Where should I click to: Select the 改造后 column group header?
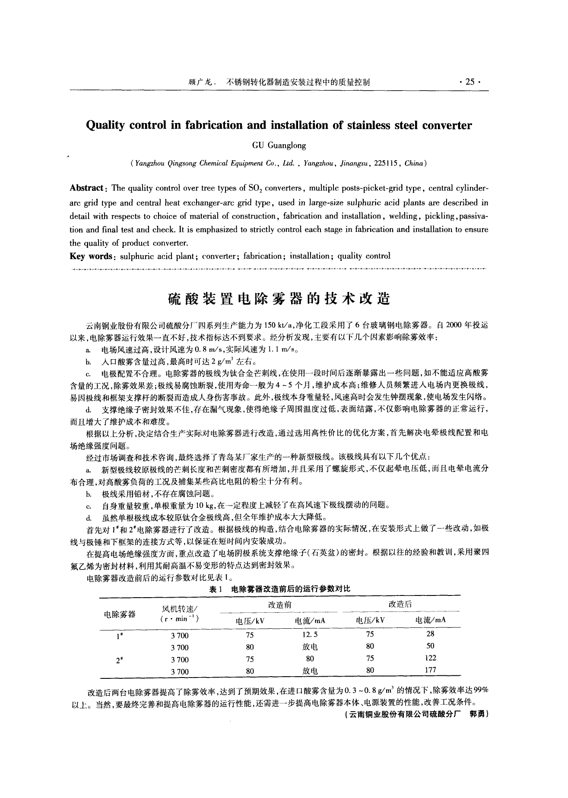tap(400, 605)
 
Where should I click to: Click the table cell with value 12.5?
tap(310, 635)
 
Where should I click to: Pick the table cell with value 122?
tap(430, 658)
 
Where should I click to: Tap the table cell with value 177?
tap(430, 670)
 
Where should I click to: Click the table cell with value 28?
tap(430, 634)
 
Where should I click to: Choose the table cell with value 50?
tap(430, 646)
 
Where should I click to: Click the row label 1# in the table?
tap(120, 635)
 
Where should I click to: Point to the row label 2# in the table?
tap(120, 659)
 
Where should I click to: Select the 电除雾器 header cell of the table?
tap(120, 614)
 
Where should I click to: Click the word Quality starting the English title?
tap(105, 125)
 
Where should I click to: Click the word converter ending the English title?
tap(447, 125)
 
